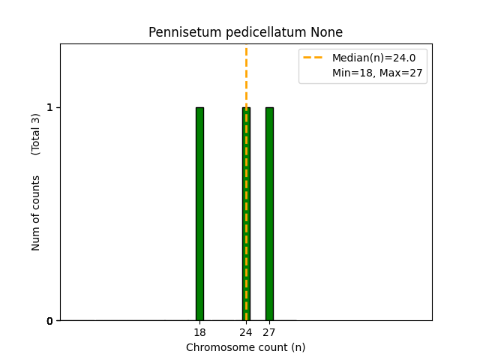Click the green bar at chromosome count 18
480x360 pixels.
pos(199,214)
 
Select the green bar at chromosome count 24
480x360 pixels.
pos(246,214)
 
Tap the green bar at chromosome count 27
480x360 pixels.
pos(269,214)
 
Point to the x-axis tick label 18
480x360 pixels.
pos(199,332)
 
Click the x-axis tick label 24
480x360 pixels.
pos(246,332)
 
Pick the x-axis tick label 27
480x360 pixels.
pos(269,332)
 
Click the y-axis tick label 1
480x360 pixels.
pos(49,107)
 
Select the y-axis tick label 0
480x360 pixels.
pos(49,321)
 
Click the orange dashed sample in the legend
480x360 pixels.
pos(313,58)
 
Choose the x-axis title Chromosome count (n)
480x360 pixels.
pos(246,347)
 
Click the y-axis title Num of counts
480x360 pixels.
pos(36,213)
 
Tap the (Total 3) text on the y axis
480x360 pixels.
pos(36,134)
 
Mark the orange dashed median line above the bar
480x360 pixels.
pos(246,75)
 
